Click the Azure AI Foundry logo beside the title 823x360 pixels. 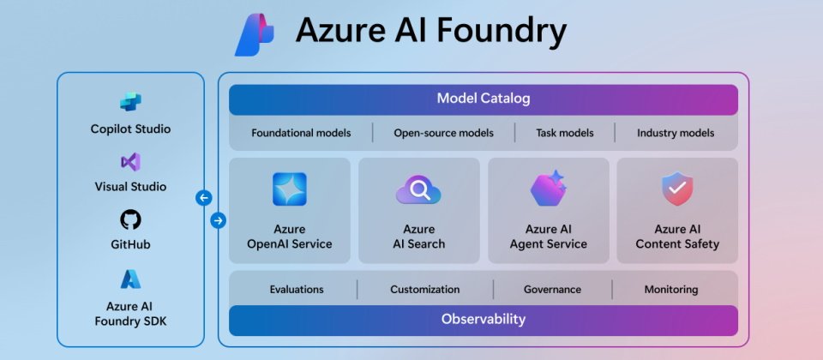click(x=254, y=34)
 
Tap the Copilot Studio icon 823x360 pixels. click(x=130, y=102)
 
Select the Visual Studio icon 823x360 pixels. click(x=130, y=162)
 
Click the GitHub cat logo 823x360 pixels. click(x=130, y=219)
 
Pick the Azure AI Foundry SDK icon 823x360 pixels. click(x=130, y=279)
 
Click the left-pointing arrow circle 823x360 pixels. click(x=204, y=198)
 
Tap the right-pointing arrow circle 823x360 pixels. click(x=219, y=220)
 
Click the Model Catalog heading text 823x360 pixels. click(x=484, y=98)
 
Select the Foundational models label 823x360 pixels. click(x=301, y=133)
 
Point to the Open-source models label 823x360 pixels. click(x=443, y=133)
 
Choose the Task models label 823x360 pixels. click(x=565, y=133)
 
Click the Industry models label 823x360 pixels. click(x=676, y=133)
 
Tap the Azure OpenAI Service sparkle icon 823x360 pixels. click(x=290, y=189)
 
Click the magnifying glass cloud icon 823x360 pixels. click(x=418, y=190)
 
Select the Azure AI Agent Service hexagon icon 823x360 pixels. click(x=548, y=188)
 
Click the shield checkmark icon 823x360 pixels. click(x=677, y=189)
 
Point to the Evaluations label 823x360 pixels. click(x=297, y=289)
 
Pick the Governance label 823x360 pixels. click(x=552, y=289)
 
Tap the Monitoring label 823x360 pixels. click(x=671, y=289)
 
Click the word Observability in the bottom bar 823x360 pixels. click(x=484, y=319)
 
